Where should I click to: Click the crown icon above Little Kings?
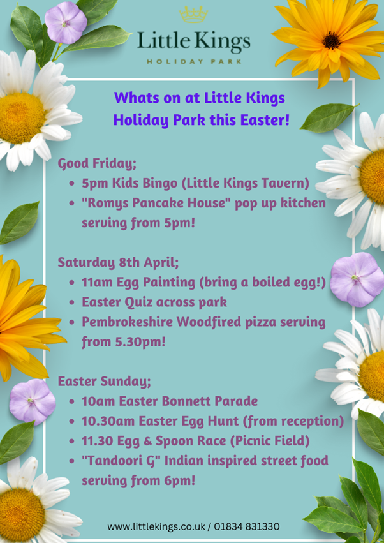pyautogui.click(x=193, y=15)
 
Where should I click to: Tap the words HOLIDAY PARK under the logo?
pyautogui.click(x=194, y=62)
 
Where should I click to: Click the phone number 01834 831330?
pyautogui.click(x=247, y=526)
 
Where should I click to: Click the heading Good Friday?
pyautogui.click(x=98, y=164)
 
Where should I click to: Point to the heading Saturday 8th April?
pyautogui.click(x=119, y=262)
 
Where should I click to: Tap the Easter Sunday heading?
pyautogui.click(x=105, y=382)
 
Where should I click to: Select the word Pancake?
pyautogui.click(x=170, y=204)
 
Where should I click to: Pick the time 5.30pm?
pyautogui.click(x=140, y=343)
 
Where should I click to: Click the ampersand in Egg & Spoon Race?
pyautogui.click(x=148, y=441)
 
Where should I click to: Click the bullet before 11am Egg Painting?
pyautogui.click(x=72, y=283)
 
